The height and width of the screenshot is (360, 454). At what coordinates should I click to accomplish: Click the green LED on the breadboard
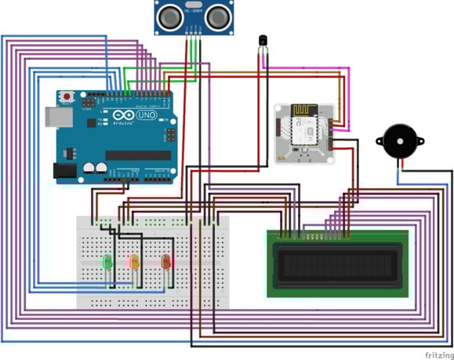(x=106, y=260)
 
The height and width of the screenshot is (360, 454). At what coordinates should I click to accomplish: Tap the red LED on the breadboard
(x=165, y=260)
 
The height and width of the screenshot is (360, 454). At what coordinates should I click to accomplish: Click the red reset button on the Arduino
(x=68, y=97)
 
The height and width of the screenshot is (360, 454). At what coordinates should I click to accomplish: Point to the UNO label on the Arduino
(x=146, y=116)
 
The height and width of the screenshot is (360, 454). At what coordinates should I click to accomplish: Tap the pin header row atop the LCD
(x=314, y=235)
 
